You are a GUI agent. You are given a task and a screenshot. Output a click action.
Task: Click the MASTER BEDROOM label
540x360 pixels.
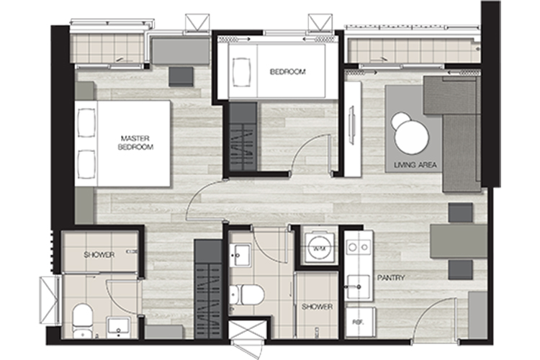click(x=135, y=143)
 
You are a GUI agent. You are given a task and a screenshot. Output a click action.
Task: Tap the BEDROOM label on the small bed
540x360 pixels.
click(x=287, y=72)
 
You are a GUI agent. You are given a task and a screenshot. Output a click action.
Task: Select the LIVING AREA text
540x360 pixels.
click(x=415, y=165)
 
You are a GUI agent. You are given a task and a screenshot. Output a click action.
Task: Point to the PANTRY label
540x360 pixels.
click(x=391, y=277)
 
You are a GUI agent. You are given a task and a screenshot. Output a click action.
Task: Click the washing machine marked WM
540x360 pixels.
click(x=318, y=248)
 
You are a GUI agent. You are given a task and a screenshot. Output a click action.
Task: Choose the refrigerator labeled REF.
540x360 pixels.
click(x=360, y=322)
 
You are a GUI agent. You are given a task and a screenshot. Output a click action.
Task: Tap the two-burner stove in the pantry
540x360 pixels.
click(x=359, y=247)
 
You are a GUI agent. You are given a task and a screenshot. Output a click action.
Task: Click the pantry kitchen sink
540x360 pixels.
click(x=359, y=287)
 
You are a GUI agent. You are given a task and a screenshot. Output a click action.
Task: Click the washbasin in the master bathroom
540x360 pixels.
click(x=118, y=328)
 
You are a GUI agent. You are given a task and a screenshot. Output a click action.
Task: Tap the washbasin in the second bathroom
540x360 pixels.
click(x=240, y=255)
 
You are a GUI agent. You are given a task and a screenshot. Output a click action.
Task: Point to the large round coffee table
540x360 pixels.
click(x=412, y=137)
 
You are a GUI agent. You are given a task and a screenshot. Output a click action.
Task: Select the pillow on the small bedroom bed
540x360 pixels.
click(x=242, y=72)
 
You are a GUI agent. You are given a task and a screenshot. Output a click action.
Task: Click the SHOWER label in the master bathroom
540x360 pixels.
click(x=99, y=255)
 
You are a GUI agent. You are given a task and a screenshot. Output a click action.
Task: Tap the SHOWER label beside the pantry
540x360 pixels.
click(x=318, y=306)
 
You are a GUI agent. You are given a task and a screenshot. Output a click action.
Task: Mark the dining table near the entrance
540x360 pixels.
click(x=459, y=241)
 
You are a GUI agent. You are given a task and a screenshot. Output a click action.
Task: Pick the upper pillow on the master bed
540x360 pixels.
click(x=86, y=123)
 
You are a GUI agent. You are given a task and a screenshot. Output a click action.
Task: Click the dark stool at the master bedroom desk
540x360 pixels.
click(x=181, y=76)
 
